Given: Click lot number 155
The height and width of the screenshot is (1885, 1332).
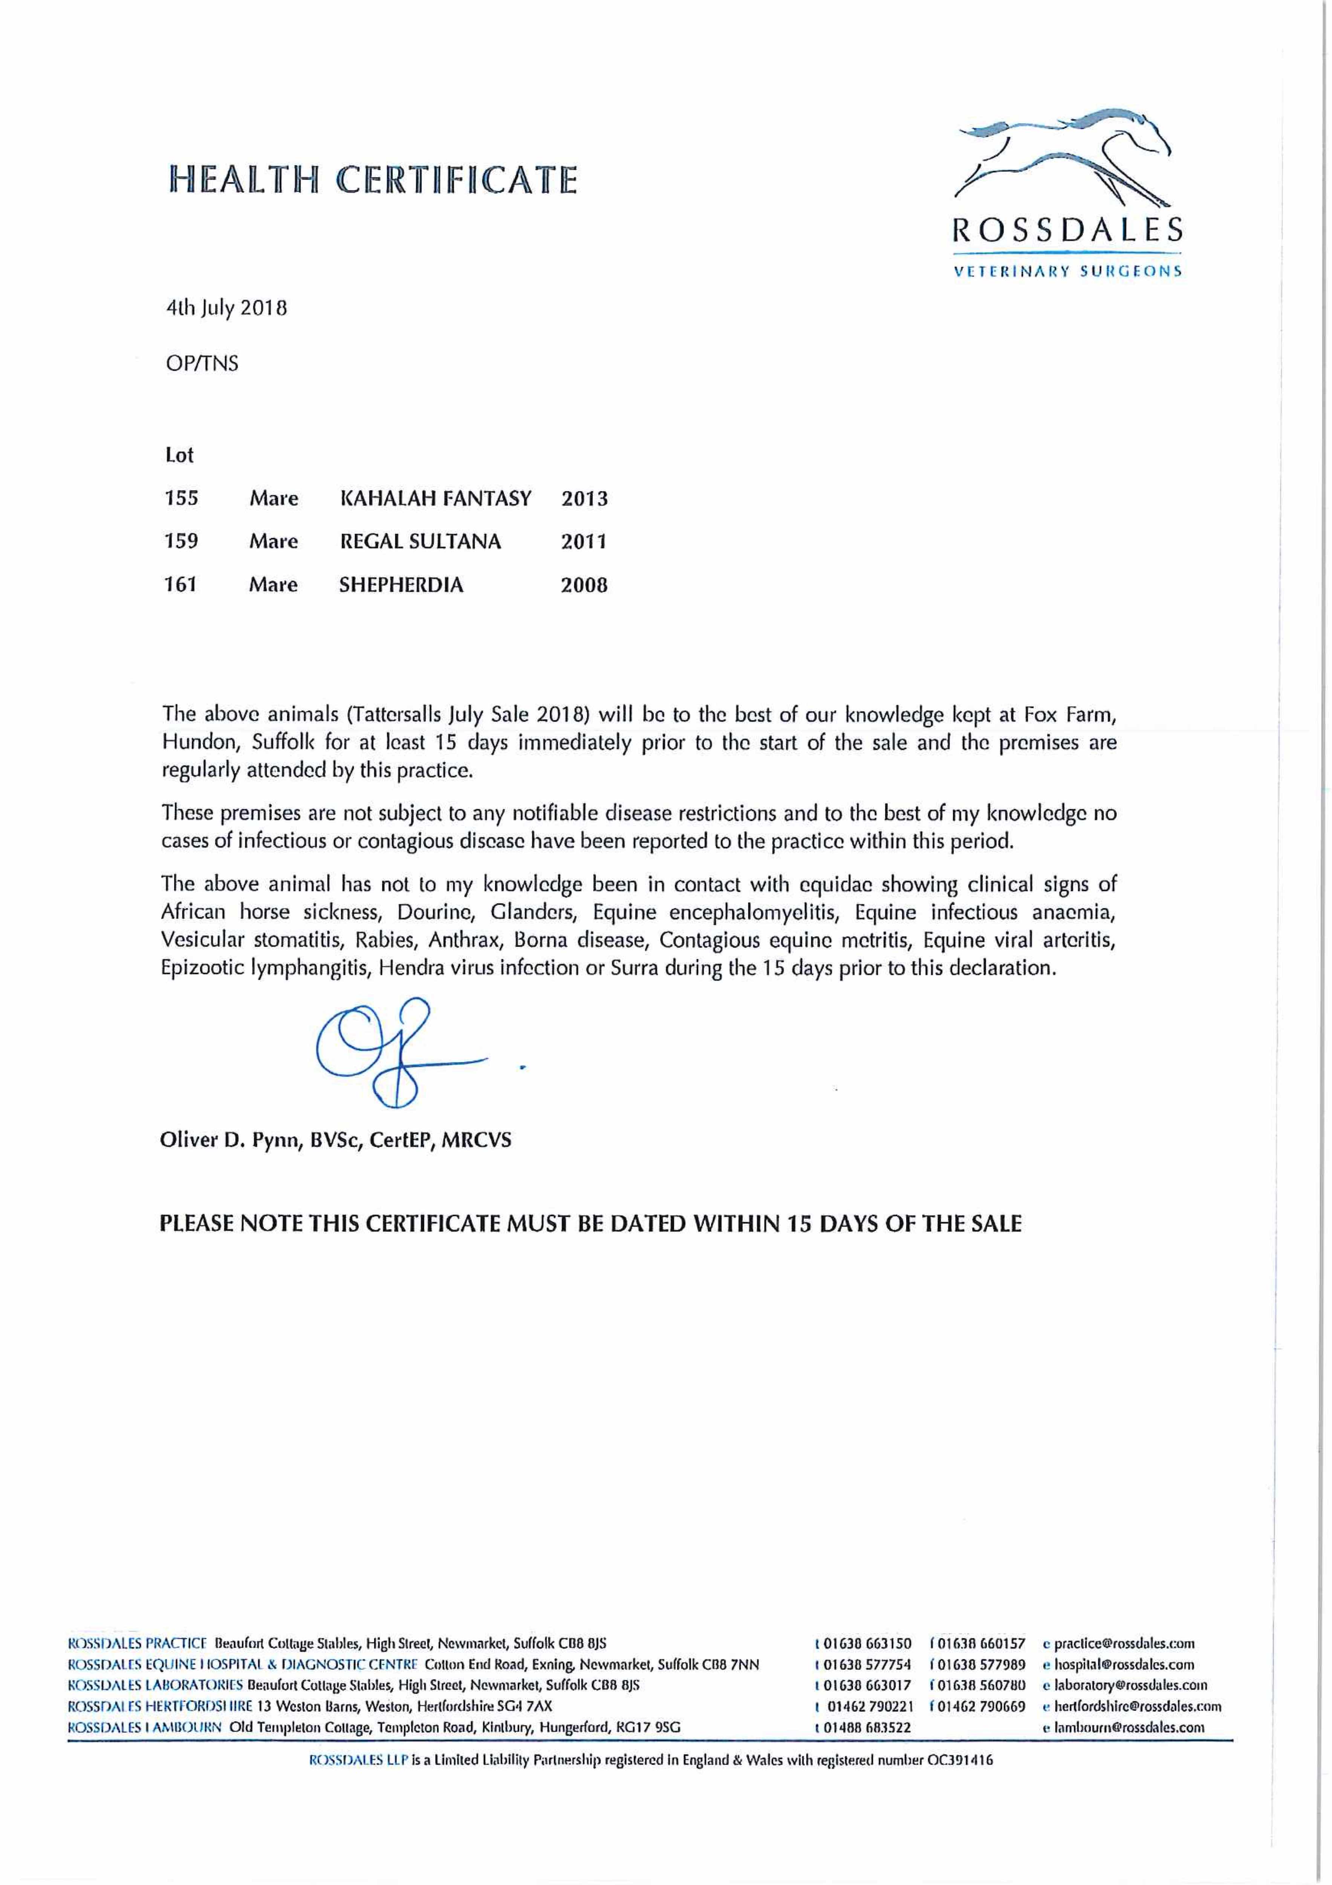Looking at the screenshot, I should (x=181, y=498).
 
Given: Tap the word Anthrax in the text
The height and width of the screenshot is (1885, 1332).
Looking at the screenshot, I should (x=462, y=940).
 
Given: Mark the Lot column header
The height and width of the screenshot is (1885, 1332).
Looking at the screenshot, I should (x=179, y=455).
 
